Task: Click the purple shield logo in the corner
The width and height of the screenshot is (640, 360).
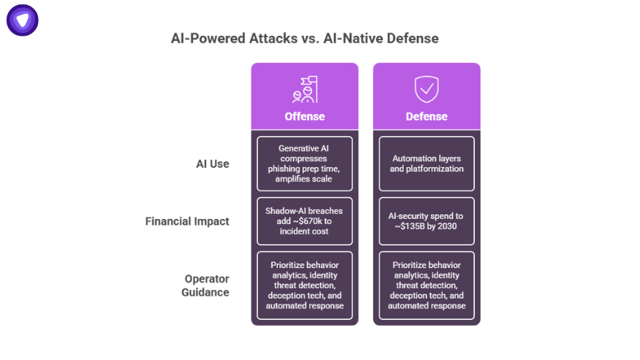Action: tap(23, 20)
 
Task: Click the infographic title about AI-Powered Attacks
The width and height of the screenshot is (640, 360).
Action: tap(305, 38)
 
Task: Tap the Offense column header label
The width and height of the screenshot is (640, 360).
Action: tap(305, 117)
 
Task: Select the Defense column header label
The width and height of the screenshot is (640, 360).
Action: tap(427, 117)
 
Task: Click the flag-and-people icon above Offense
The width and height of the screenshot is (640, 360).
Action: tap(305, 89)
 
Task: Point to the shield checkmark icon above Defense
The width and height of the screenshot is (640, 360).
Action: tap(427, 89)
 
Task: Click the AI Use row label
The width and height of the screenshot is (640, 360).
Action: tap(212, 164)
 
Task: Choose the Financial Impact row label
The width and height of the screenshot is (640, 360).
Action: tap(187, 221)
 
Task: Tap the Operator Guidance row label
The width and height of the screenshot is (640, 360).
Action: tap(205, 286)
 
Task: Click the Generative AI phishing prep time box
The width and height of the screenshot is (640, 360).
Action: tap(305, 164)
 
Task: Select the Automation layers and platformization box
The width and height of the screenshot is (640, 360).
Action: tap(427, 164)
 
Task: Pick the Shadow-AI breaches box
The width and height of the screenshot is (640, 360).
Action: tap(305, 221)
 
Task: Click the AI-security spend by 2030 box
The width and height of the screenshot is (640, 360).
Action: tap(427, 221)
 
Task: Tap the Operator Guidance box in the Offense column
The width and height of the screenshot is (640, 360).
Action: tap(305, 286)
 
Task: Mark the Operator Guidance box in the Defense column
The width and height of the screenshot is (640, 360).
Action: tap(427, 286)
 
